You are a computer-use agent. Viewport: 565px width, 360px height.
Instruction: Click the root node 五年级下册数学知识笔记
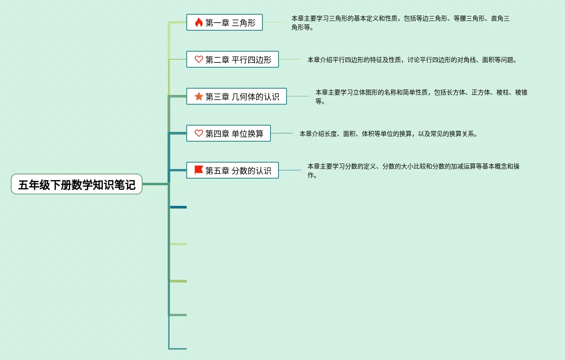point(77,184)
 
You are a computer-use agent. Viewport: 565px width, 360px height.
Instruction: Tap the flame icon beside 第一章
point(199,22)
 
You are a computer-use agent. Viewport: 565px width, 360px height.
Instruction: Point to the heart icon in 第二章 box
point(199,59)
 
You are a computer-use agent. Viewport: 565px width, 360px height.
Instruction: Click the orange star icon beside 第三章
point(199,96)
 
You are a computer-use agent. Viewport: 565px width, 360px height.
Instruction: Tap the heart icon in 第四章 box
point(199,133)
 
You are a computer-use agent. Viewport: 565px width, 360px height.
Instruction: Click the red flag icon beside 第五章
point(199,170)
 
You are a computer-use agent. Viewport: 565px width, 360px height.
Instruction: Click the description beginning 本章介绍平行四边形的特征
point(412,60)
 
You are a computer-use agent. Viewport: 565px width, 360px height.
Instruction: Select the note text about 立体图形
point(421,97)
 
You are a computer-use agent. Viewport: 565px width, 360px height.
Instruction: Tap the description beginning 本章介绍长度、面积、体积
point(388,134)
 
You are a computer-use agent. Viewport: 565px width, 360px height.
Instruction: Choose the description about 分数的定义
point(413,171)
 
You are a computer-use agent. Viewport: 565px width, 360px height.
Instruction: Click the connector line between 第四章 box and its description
point(282,133)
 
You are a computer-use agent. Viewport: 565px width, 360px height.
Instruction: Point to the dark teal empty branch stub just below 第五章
point(178,207)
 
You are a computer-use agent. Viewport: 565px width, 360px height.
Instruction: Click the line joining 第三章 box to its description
point(298,96)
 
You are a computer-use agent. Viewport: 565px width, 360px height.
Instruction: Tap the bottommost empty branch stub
point(178,348)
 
